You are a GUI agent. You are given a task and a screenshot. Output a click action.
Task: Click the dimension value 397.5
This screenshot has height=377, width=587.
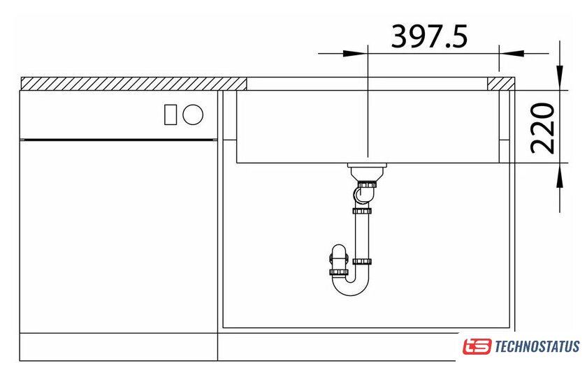[429, 36]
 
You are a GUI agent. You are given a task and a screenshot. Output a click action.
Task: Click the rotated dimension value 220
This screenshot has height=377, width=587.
[542, 128]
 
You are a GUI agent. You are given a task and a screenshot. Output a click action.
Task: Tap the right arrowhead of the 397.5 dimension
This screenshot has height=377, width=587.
[512, 54]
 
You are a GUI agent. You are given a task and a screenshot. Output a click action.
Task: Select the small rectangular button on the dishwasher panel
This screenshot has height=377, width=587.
[171, 114]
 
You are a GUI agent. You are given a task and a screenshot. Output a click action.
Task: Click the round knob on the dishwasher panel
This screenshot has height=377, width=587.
[193, 114]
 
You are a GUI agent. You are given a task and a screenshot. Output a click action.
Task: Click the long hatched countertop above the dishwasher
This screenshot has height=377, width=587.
[133, 84]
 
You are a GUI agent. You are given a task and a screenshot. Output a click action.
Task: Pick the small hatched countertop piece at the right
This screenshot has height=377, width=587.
[501, 84]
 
